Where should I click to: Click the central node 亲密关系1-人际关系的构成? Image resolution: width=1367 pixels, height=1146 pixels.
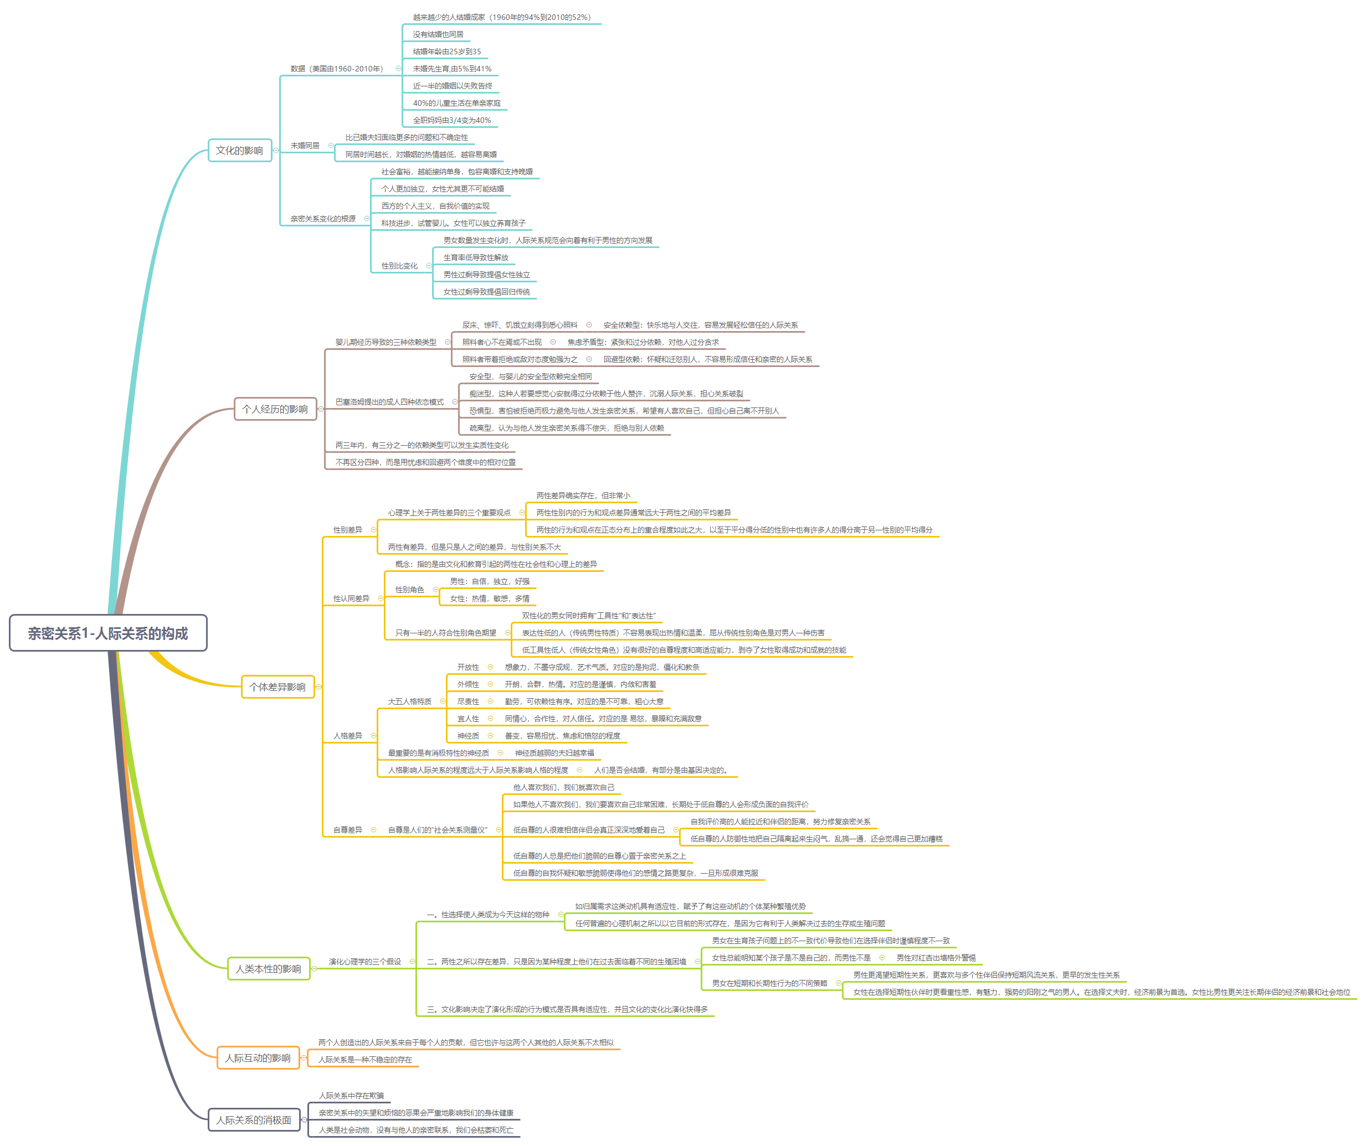[108, 633]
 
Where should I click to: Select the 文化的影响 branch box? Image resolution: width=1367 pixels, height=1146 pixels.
[239, 151]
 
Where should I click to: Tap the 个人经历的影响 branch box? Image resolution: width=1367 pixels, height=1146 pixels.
[275, 409]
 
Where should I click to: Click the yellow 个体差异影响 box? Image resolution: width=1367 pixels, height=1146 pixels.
[277, 687]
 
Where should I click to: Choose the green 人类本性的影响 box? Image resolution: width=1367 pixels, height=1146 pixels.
[268, 969]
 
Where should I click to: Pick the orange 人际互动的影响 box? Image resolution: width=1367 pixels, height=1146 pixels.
[258, 1058]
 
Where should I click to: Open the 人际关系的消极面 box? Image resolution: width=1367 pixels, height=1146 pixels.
[254, 1120]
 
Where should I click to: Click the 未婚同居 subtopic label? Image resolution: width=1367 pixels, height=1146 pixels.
[305, 146]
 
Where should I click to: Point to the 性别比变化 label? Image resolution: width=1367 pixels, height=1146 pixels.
[399, 266]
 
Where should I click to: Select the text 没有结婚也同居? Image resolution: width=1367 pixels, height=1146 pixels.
[438, 34]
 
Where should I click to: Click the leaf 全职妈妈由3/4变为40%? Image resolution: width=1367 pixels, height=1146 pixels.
[452, 120]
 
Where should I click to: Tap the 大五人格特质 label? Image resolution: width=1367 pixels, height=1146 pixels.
[409, 701]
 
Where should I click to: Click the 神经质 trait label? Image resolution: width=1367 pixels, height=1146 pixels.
[468, 736]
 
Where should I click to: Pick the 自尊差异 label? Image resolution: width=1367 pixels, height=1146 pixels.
[348, 830]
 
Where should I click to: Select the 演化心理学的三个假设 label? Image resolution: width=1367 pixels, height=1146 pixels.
[364, 962]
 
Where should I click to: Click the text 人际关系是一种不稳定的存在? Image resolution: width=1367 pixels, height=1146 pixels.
[365, 1060]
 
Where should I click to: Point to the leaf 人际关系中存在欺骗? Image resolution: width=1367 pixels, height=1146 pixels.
[352, 1096]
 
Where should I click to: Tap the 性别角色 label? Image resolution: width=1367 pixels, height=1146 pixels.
[409, 590]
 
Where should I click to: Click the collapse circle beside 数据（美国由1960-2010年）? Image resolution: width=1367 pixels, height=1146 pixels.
[398, 68]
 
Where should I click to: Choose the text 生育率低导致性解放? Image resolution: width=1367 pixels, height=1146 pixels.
[476, 257]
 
